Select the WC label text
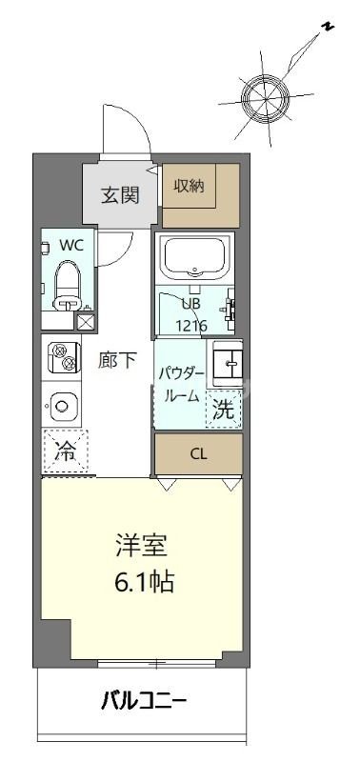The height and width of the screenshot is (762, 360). coord(71,244)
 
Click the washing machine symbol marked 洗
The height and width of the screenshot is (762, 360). coord(224,411)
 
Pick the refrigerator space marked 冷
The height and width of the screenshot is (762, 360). coord(66,451)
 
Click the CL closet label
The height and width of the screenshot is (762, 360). coord(198,453)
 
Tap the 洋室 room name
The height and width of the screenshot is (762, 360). coord(140,549)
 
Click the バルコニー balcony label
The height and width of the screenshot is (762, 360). coord(144,704)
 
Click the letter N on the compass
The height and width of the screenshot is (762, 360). coord(327,28)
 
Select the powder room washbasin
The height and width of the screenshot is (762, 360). coord(227,363)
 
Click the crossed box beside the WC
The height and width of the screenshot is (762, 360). coord(86,321)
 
